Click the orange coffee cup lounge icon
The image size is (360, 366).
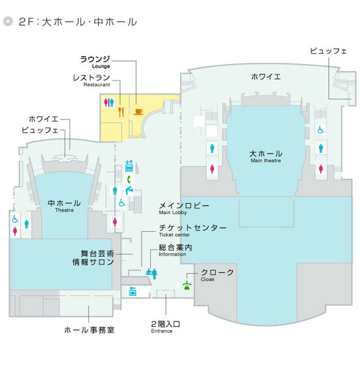(x=139, y=112)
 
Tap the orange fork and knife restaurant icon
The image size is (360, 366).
(x=121, y=112)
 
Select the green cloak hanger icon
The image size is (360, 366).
(x=187, y=285)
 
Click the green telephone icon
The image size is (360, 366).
(x=129, y=179)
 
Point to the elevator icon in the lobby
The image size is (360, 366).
(x=129, y=166)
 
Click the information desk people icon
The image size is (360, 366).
(x=152, y=273)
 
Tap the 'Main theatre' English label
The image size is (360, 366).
(x=265, y=160)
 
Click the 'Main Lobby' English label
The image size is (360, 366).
(x=173, y=212)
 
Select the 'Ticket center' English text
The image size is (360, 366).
(x=174, y=235)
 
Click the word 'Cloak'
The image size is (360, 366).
(x=207, y=279)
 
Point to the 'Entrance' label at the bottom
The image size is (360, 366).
(x=162, y=331)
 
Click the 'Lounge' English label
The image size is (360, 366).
(x=101, y=66)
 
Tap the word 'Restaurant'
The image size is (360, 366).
(x=96, y=85)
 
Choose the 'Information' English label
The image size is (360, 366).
(x=172, y=254)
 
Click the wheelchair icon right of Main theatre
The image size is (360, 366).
(x=321, y=129)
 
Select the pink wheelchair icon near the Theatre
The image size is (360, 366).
(x=15, y=219)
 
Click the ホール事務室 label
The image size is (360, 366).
(x=90, y=330)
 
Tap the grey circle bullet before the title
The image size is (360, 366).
(x=8, y=21)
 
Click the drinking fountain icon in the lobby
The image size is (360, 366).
(x=129, y=190)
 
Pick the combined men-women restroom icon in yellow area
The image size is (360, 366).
(x=109, y=102)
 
